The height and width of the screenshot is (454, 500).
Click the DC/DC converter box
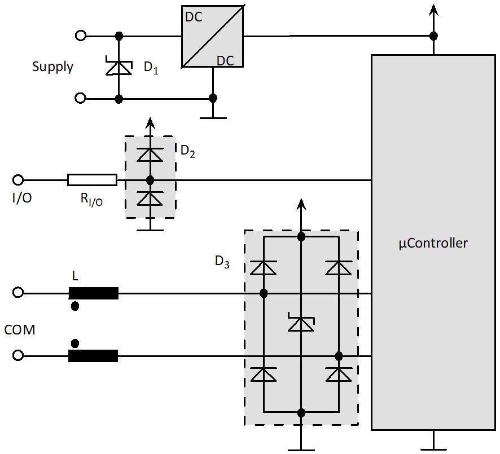212,37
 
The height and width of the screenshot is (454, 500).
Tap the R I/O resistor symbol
92,180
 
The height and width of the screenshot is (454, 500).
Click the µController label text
433,244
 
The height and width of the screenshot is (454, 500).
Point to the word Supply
52,67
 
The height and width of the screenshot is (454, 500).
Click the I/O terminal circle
18,180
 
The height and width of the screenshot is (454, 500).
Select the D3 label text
222,262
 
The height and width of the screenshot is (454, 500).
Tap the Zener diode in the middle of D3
301,323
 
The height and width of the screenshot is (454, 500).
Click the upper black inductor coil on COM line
94,293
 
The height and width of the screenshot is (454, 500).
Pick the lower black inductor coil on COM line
94,356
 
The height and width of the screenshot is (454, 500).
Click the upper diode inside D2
150,155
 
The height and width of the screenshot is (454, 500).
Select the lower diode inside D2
150,198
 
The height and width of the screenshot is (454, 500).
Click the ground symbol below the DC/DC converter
213,117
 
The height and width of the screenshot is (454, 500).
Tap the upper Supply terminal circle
81,36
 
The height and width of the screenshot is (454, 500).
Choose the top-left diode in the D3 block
263,267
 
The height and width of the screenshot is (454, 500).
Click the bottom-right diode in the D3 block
339,374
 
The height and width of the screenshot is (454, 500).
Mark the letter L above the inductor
76,276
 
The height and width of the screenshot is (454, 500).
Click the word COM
20,330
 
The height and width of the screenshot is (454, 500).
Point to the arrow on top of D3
301,205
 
